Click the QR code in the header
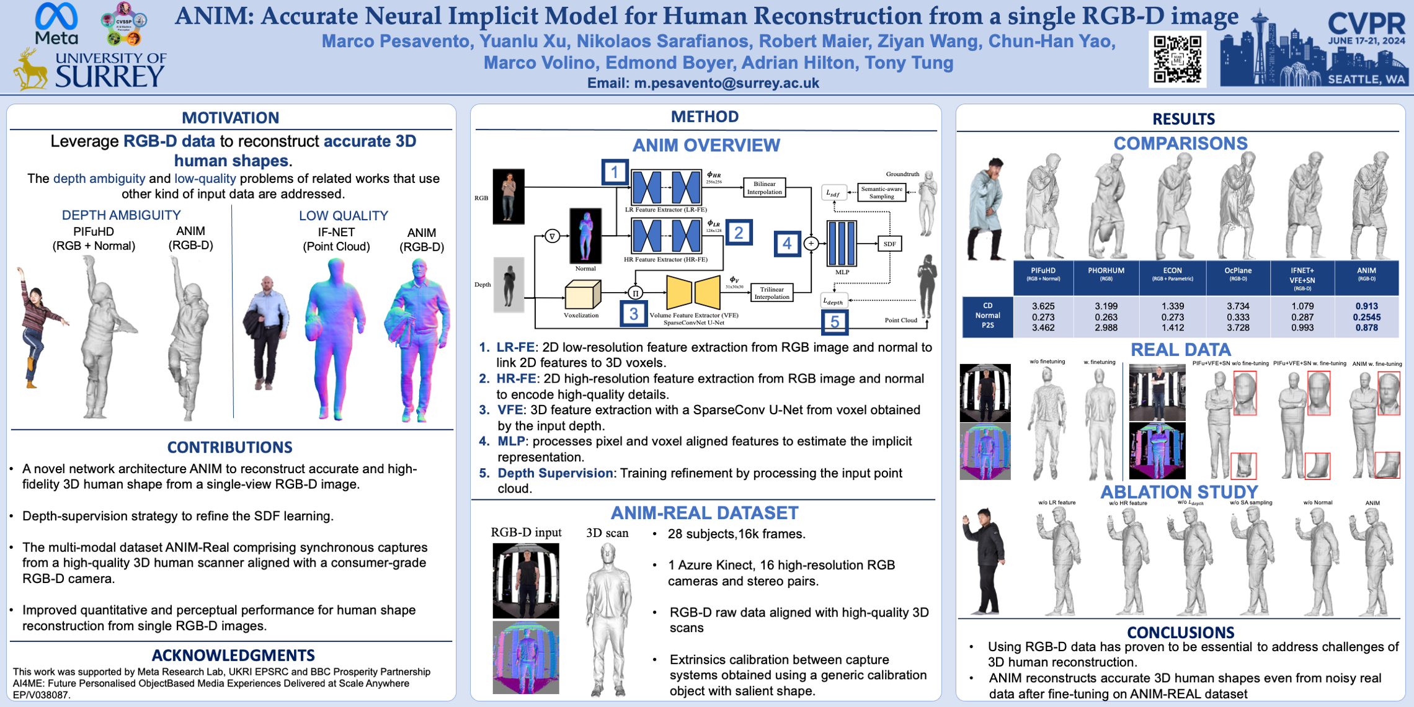(1177, 60)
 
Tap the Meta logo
(56, 23)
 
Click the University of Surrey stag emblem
(30, 70)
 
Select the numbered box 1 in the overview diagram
(615, 172)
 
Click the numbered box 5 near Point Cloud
(834, 322)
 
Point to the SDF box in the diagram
(889, 244)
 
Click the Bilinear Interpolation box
(764, 188)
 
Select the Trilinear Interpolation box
(771, 293)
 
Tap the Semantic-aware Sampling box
(881, 192)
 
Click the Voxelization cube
(582, 295)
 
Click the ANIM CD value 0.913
(1366, 306)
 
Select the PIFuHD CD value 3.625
(1043, 306)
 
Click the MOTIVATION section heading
(230, 117)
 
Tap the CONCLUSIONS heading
(1180, 632)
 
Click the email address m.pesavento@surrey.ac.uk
(726, 83)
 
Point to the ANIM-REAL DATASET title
(704, 513)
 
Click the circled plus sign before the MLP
(811, 244)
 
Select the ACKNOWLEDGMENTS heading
(233, 655)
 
